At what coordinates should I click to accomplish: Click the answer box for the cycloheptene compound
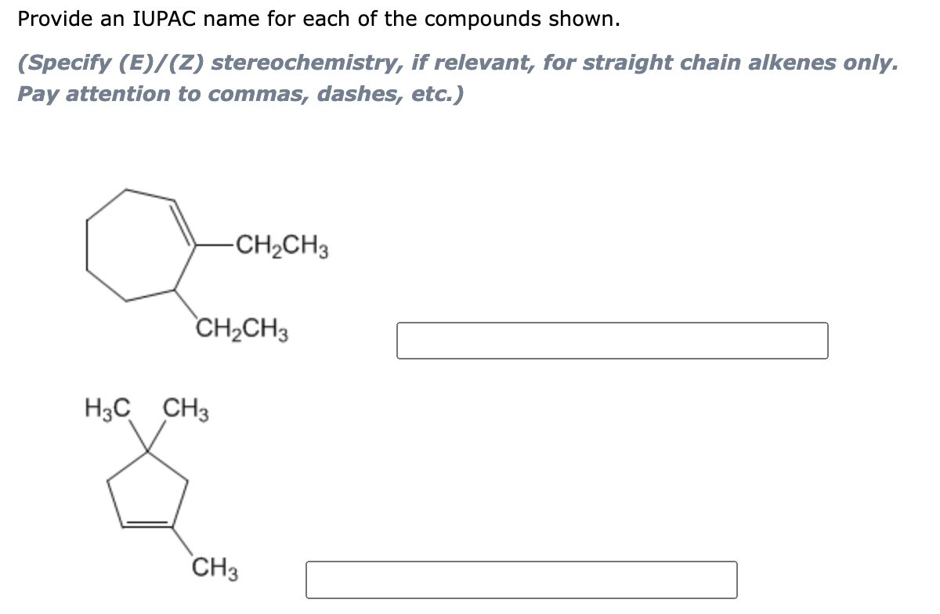612,341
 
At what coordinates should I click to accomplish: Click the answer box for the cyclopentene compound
521,580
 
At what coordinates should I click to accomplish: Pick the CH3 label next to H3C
185,409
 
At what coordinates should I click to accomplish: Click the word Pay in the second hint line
39,94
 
